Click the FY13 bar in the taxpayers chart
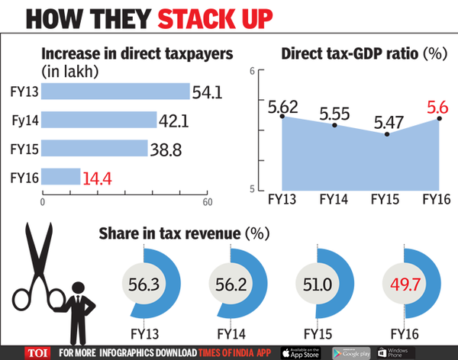click(x=114, y=92)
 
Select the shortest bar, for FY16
click(x=60, y=177)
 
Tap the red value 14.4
click(x=98, y=177)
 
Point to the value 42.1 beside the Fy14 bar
click(x=174, y=120)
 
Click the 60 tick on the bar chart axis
click(x=206, y=201)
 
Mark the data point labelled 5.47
click(x=388, y=134)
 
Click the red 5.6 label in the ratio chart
click(x=431, y=109)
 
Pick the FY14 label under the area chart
click(x=334, y=200)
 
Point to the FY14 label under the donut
click(x=232, y=333)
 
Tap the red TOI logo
click(x=34, y=352)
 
